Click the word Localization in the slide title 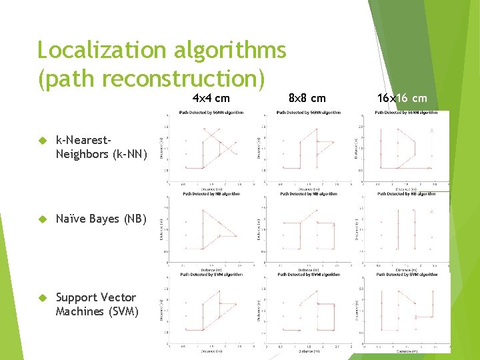93,50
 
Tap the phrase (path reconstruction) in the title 151,79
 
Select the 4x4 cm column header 211,99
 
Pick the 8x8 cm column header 307,99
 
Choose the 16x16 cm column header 402,99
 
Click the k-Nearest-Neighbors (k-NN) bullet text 97,147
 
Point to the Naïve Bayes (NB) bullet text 97,219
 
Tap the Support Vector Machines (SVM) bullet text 97,304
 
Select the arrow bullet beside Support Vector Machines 41,297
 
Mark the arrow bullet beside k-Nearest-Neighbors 41,141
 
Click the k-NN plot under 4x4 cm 211,147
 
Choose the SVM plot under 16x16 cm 406,310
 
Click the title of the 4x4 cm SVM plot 211,274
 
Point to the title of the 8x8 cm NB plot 308,194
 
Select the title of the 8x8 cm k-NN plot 308,112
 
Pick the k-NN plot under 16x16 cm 406,147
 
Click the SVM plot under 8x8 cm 308,310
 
